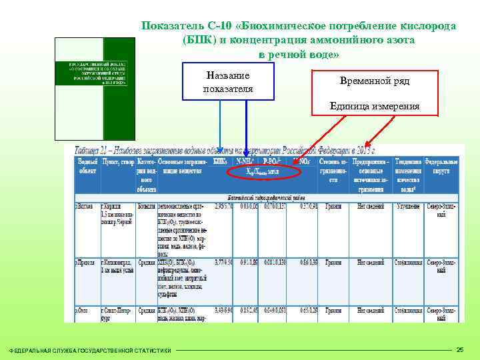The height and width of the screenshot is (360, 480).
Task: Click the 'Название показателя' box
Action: point(227,83)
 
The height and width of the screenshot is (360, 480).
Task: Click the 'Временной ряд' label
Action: point(375,81)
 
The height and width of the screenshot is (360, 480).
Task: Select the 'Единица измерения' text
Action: point(375,106)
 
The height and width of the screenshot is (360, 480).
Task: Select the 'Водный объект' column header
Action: point(87,167)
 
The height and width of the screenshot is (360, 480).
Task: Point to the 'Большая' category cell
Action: point(147,206)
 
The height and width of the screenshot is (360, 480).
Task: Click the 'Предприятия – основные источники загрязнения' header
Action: point(371,175)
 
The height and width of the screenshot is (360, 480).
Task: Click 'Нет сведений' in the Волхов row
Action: point(371,206)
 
